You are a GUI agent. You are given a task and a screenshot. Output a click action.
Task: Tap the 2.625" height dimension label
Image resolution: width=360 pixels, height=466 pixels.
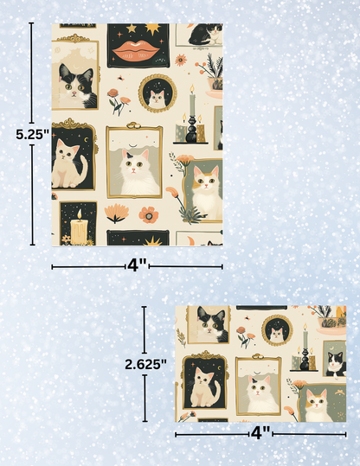[x=145, y=364]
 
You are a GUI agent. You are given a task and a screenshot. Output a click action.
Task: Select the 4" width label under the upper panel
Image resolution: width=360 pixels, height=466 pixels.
[x=137, y=265]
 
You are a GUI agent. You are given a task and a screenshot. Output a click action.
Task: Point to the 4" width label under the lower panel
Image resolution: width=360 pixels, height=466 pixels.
[x=260, y=430]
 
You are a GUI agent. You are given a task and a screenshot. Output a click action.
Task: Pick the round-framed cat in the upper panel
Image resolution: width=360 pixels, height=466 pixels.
[x=157, y=96]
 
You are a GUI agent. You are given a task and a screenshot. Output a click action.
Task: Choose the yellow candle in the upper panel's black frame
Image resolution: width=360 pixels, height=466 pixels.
[x=80, y=228]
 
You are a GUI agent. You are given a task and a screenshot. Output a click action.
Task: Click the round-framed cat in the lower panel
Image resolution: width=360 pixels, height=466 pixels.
[x=276, y=330]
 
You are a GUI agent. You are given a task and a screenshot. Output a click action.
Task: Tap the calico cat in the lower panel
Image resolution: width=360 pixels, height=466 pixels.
[x=317, y=402]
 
